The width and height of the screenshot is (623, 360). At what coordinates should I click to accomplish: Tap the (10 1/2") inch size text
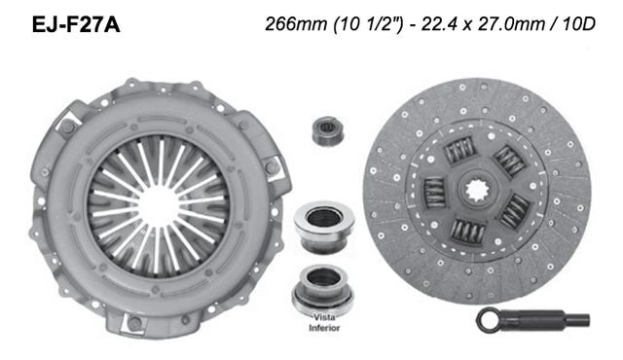tap(356, 22)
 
